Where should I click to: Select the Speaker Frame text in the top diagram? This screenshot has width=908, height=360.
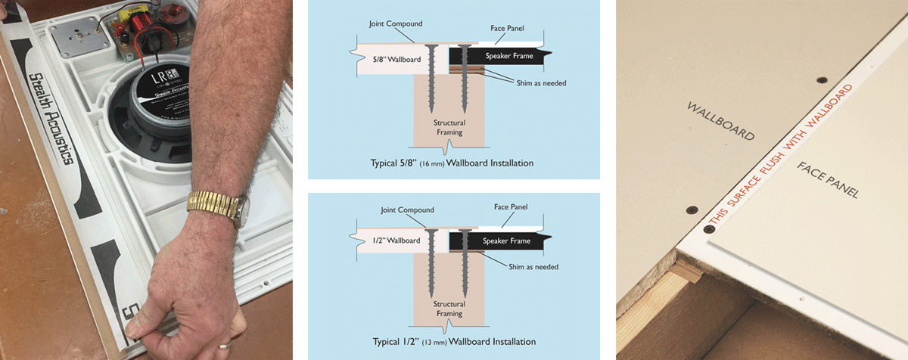point(507,56)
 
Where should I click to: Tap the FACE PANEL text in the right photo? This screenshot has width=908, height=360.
point(828,180)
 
